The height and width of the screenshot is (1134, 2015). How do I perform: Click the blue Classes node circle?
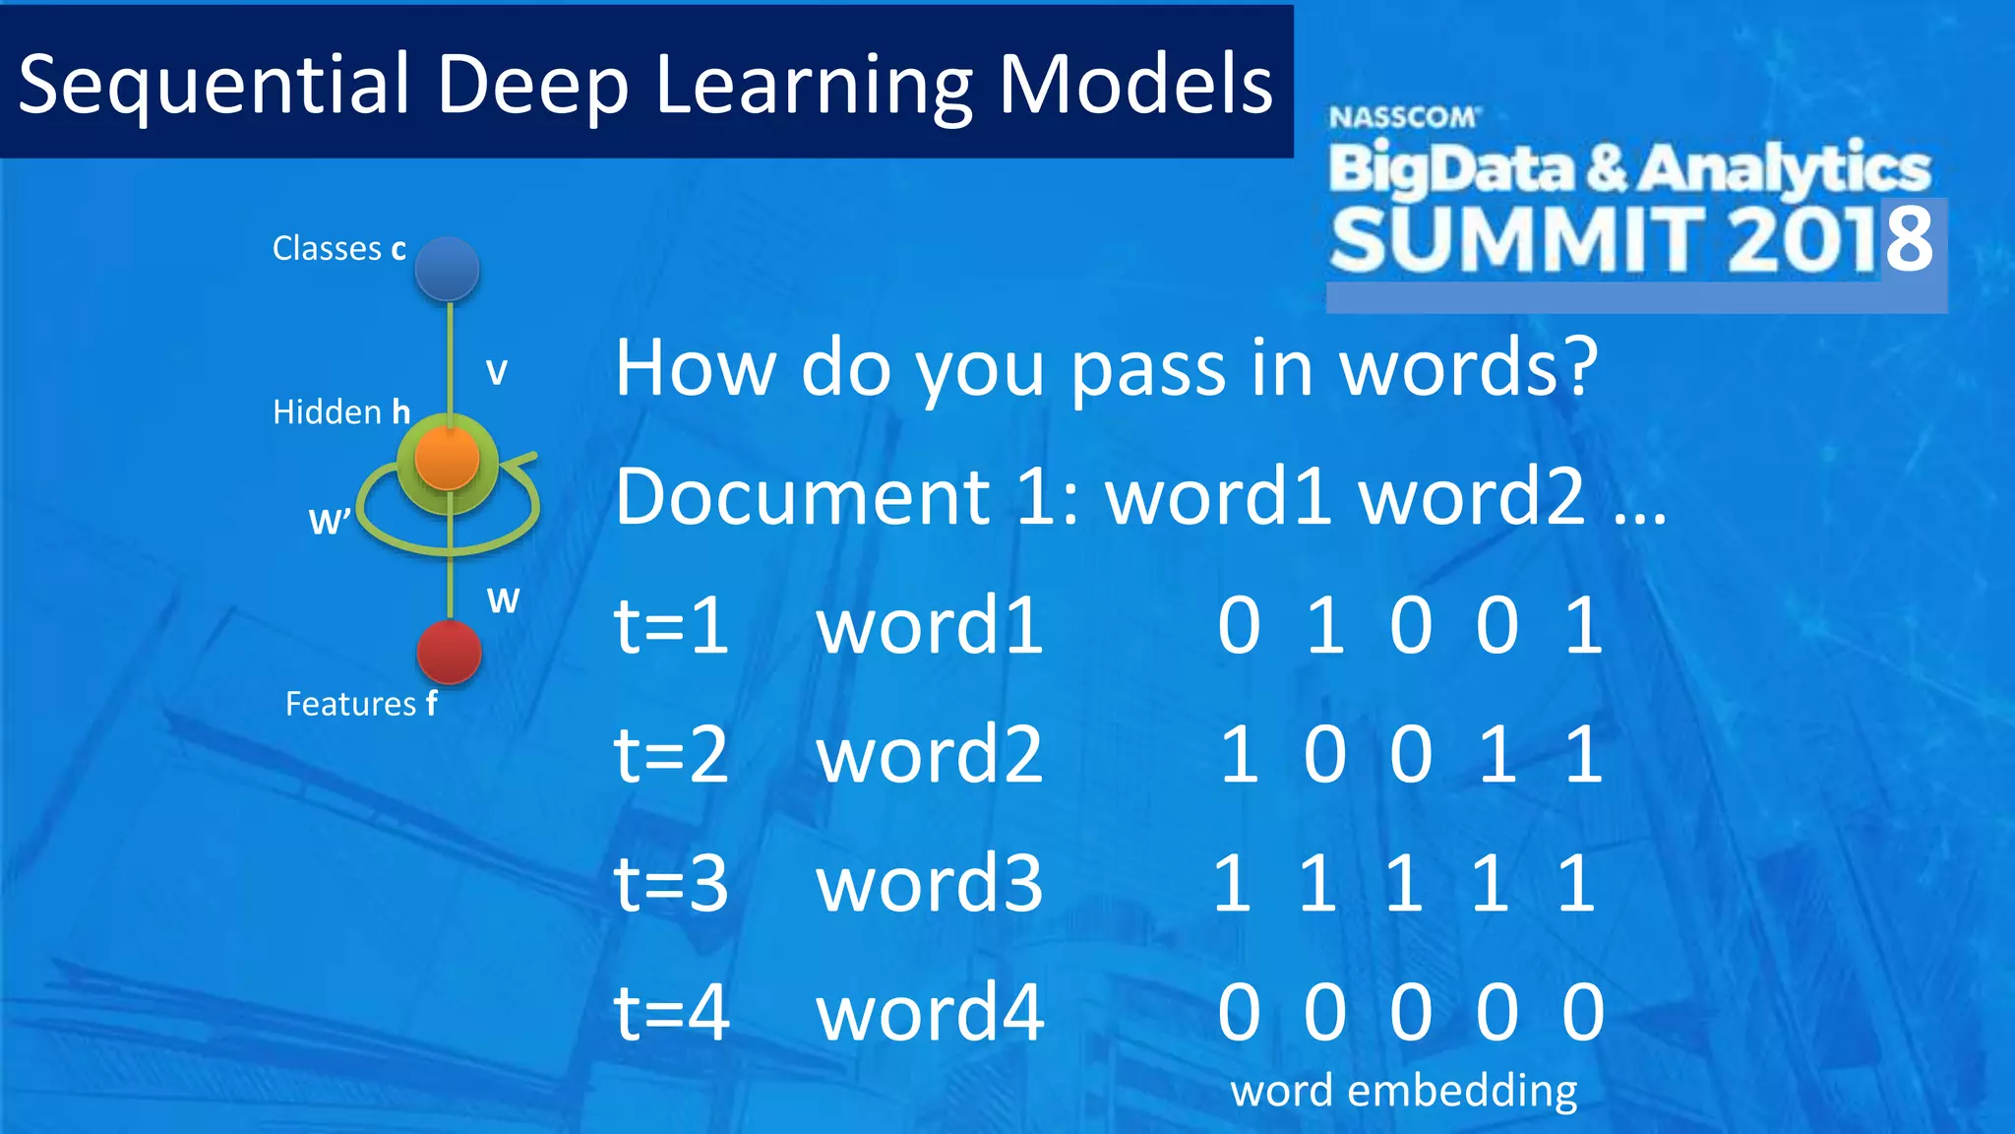(448, 269)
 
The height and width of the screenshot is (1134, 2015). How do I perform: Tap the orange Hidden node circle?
(448, 459)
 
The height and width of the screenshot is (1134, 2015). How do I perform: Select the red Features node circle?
(450, 652)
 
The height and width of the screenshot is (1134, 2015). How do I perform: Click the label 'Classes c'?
(338, 249)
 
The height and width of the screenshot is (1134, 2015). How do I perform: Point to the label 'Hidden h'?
(340, 411)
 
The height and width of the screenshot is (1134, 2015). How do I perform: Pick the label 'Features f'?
(360, 704)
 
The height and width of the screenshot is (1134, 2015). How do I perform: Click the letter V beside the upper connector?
(497, 372)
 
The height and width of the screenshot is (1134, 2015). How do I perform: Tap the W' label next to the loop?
(329, 521)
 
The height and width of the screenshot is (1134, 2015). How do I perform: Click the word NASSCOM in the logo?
(1403, 118)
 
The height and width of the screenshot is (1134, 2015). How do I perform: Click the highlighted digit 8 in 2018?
(1910, 239)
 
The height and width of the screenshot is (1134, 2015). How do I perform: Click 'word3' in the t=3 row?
(930, 883)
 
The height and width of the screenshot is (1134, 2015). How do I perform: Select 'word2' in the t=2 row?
(930, 754)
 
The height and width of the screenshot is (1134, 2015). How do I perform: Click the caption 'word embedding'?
(1404, 1091)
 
